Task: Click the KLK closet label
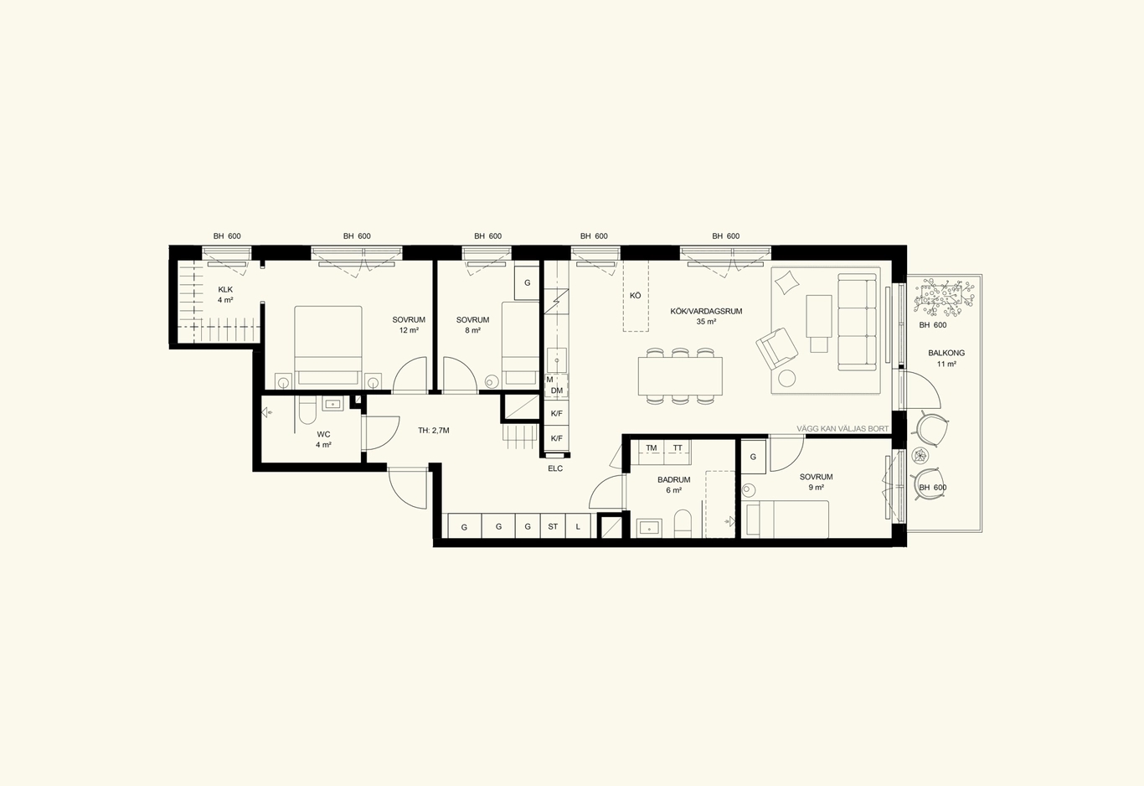tap(225, 290)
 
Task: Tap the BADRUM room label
tap(673, 480)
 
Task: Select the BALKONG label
tap(946, 353)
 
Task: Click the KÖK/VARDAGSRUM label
tap(706, 311)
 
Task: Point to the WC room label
tap(323, 434)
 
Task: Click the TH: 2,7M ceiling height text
tap(434, 431)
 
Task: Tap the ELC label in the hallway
tap(555, 468)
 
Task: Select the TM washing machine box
tap(652, 448)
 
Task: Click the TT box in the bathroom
tap(678, 448)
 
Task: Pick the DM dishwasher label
tap(557, 391)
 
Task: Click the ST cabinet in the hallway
tap(553, 526)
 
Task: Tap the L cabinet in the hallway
tap(578, 526)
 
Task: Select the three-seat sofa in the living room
tap(858, 322)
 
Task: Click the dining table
tap(680, 376)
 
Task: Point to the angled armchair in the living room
tap(777, 348)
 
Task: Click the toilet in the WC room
tap(307, 411)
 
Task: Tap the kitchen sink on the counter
tap(557, 359)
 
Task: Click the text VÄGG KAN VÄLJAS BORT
tap(843, 429)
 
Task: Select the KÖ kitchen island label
tap(636, 296)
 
